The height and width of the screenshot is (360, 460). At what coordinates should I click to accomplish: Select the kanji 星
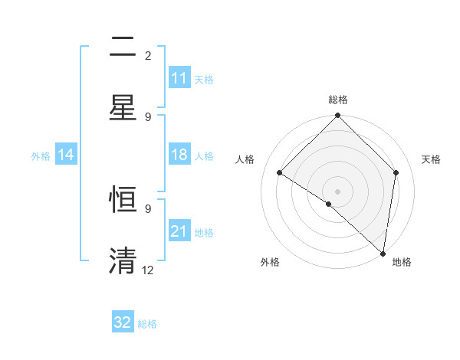pyautogui.click(x=123, y=107)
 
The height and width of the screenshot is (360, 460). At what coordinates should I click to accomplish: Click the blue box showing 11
pyautogui.click(x=179, y=79)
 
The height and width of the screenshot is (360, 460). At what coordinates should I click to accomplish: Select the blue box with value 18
pyautogui.click(x=179, y=155)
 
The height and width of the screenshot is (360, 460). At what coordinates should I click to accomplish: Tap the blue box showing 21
pyautogui.click(x=179, y=231)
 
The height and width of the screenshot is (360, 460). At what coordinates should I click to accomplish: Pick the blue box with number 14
pyautogui.click(x=66, y=155)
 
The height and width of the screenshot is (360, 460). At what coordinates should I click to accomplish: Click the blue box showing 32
pyautogui.click(x=123, y=322)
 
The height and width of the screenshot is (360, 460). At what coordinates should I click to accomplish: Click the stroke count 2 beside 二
pyautogui.click(x=148, y=56)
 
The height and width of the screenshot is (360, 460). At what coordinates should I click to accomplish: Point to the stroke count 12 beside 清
pyautogui.click(x=148, y=270)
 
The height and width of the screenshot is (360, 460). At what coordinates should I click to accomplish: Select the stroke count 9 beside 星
pyautogui.click(x=148, y=116)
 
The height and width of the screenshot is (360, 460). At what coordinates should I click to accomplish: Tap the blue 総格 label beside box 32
pyautogui.click(x=148, y=324)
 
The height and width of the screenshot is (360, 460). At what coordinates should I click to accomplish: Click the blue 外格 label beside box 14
pyautogui.click(x=41, y=156)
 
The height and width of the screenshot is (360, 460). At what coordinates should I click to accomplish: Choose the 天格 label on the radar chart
pyautogui.click(x=432, y=159)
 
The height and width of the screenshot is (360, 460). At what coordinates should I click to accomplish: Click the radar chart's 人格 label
pyautogui.click(x=245, y=159)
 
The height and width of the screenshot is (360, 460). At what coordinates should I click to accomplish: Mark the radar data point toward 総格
pyautogui.click(x=338, y=116)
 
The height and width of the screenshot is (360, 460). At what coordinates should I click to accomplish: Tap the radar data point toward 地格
pyautogui.click(x=383, y=253)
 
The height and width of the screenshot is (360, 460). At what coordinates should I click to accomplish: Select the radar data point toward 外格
pyautogui.click(x=329, y=204)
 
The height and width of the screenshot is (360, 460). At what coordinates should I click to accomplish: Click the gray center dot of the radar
pyautogui.click(x=338, y=191)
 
